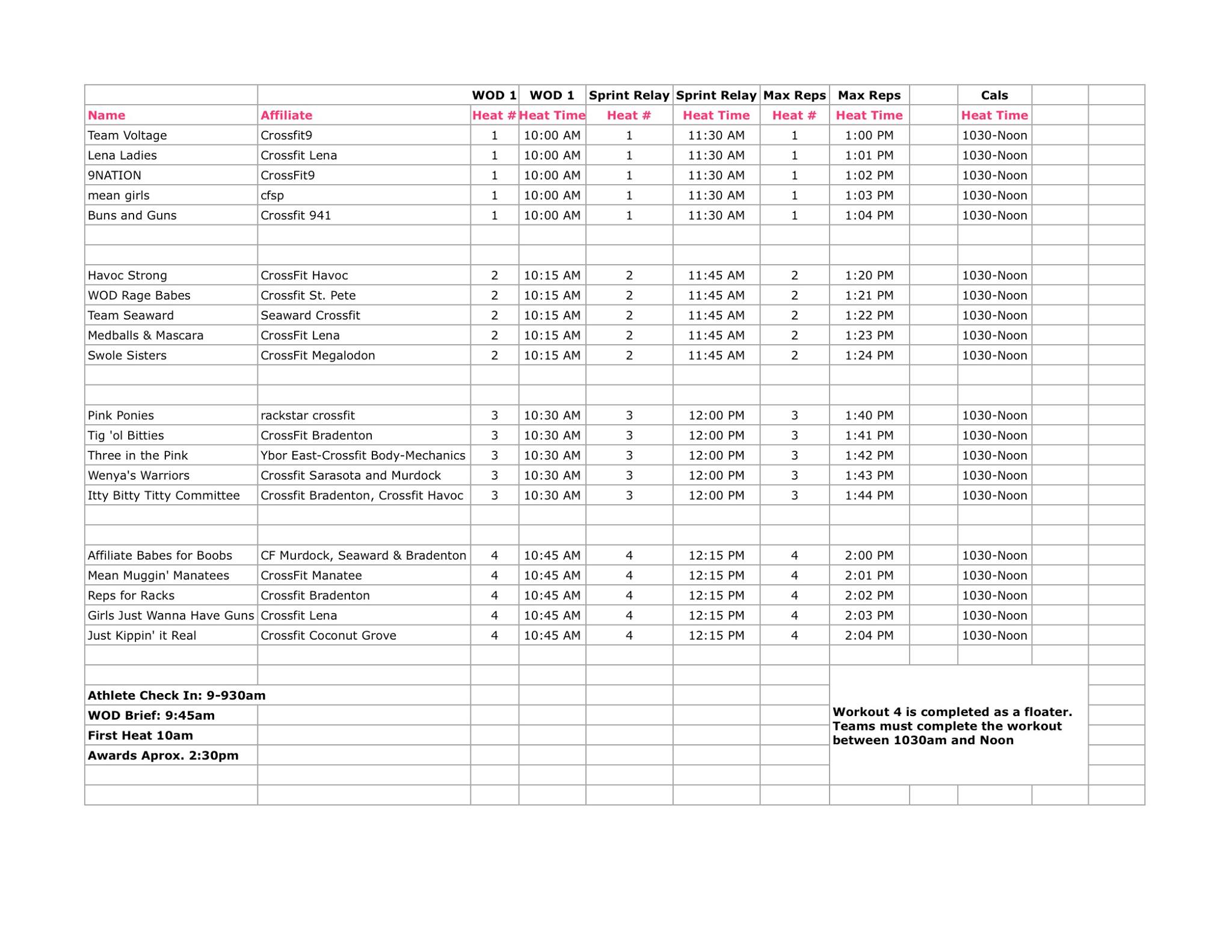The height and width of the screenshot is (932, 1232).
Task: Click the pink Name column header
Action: tap(106, 115)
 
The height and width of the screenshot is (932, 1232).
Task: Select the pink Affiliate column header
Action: tap(286, 115)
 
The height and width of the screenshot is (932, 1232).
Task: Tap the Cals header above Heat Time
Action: tap(994, 95)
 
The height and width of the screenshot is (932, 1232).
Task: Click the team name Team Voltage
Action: tap(128, 135)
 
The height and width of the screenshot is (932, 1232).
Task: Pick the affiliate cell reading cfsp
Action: tap(272, 196)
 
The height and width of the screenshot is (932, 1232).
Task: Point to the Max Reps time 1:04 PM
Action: tap(869, 215)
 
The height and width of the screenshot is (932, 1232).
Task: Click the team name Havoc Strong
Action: tap(128, 276)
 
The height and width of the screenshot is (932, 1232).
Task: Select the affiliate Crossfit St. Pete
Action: tap(308, 295)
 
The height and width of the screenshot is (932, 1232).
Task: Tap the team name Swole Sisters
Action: tap(128, 356)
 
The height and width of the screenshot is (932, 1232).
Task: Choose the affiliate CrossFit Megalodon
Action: tap(318, 356)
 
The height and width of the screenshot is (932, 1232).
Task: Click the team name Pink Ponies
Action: tap(121, 416)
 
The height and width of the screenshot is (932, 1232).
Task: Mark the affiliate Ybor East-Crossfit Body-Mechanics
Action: tap(363, 455)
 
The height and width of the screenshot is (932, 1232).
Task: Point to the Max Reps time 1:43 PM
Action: tap(869, 475)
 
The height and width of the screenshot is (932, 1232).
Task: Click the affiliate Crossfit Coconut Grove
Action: tap(328, 635)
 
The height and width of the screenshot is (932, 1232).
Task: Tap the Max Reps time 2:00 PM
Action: tap(869, 555)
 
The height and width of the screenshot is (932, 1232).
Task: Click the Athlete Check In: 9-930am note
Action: tap(177, 696)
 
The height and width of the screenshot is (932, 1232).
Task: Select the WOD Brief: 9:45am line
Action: tap(152, 715)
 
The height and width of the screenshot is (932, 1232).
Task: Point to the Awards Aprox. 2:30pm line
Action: tap(163, 756)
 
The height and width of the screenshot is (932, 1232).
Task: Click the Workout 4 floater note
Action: tap(952, 726)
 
